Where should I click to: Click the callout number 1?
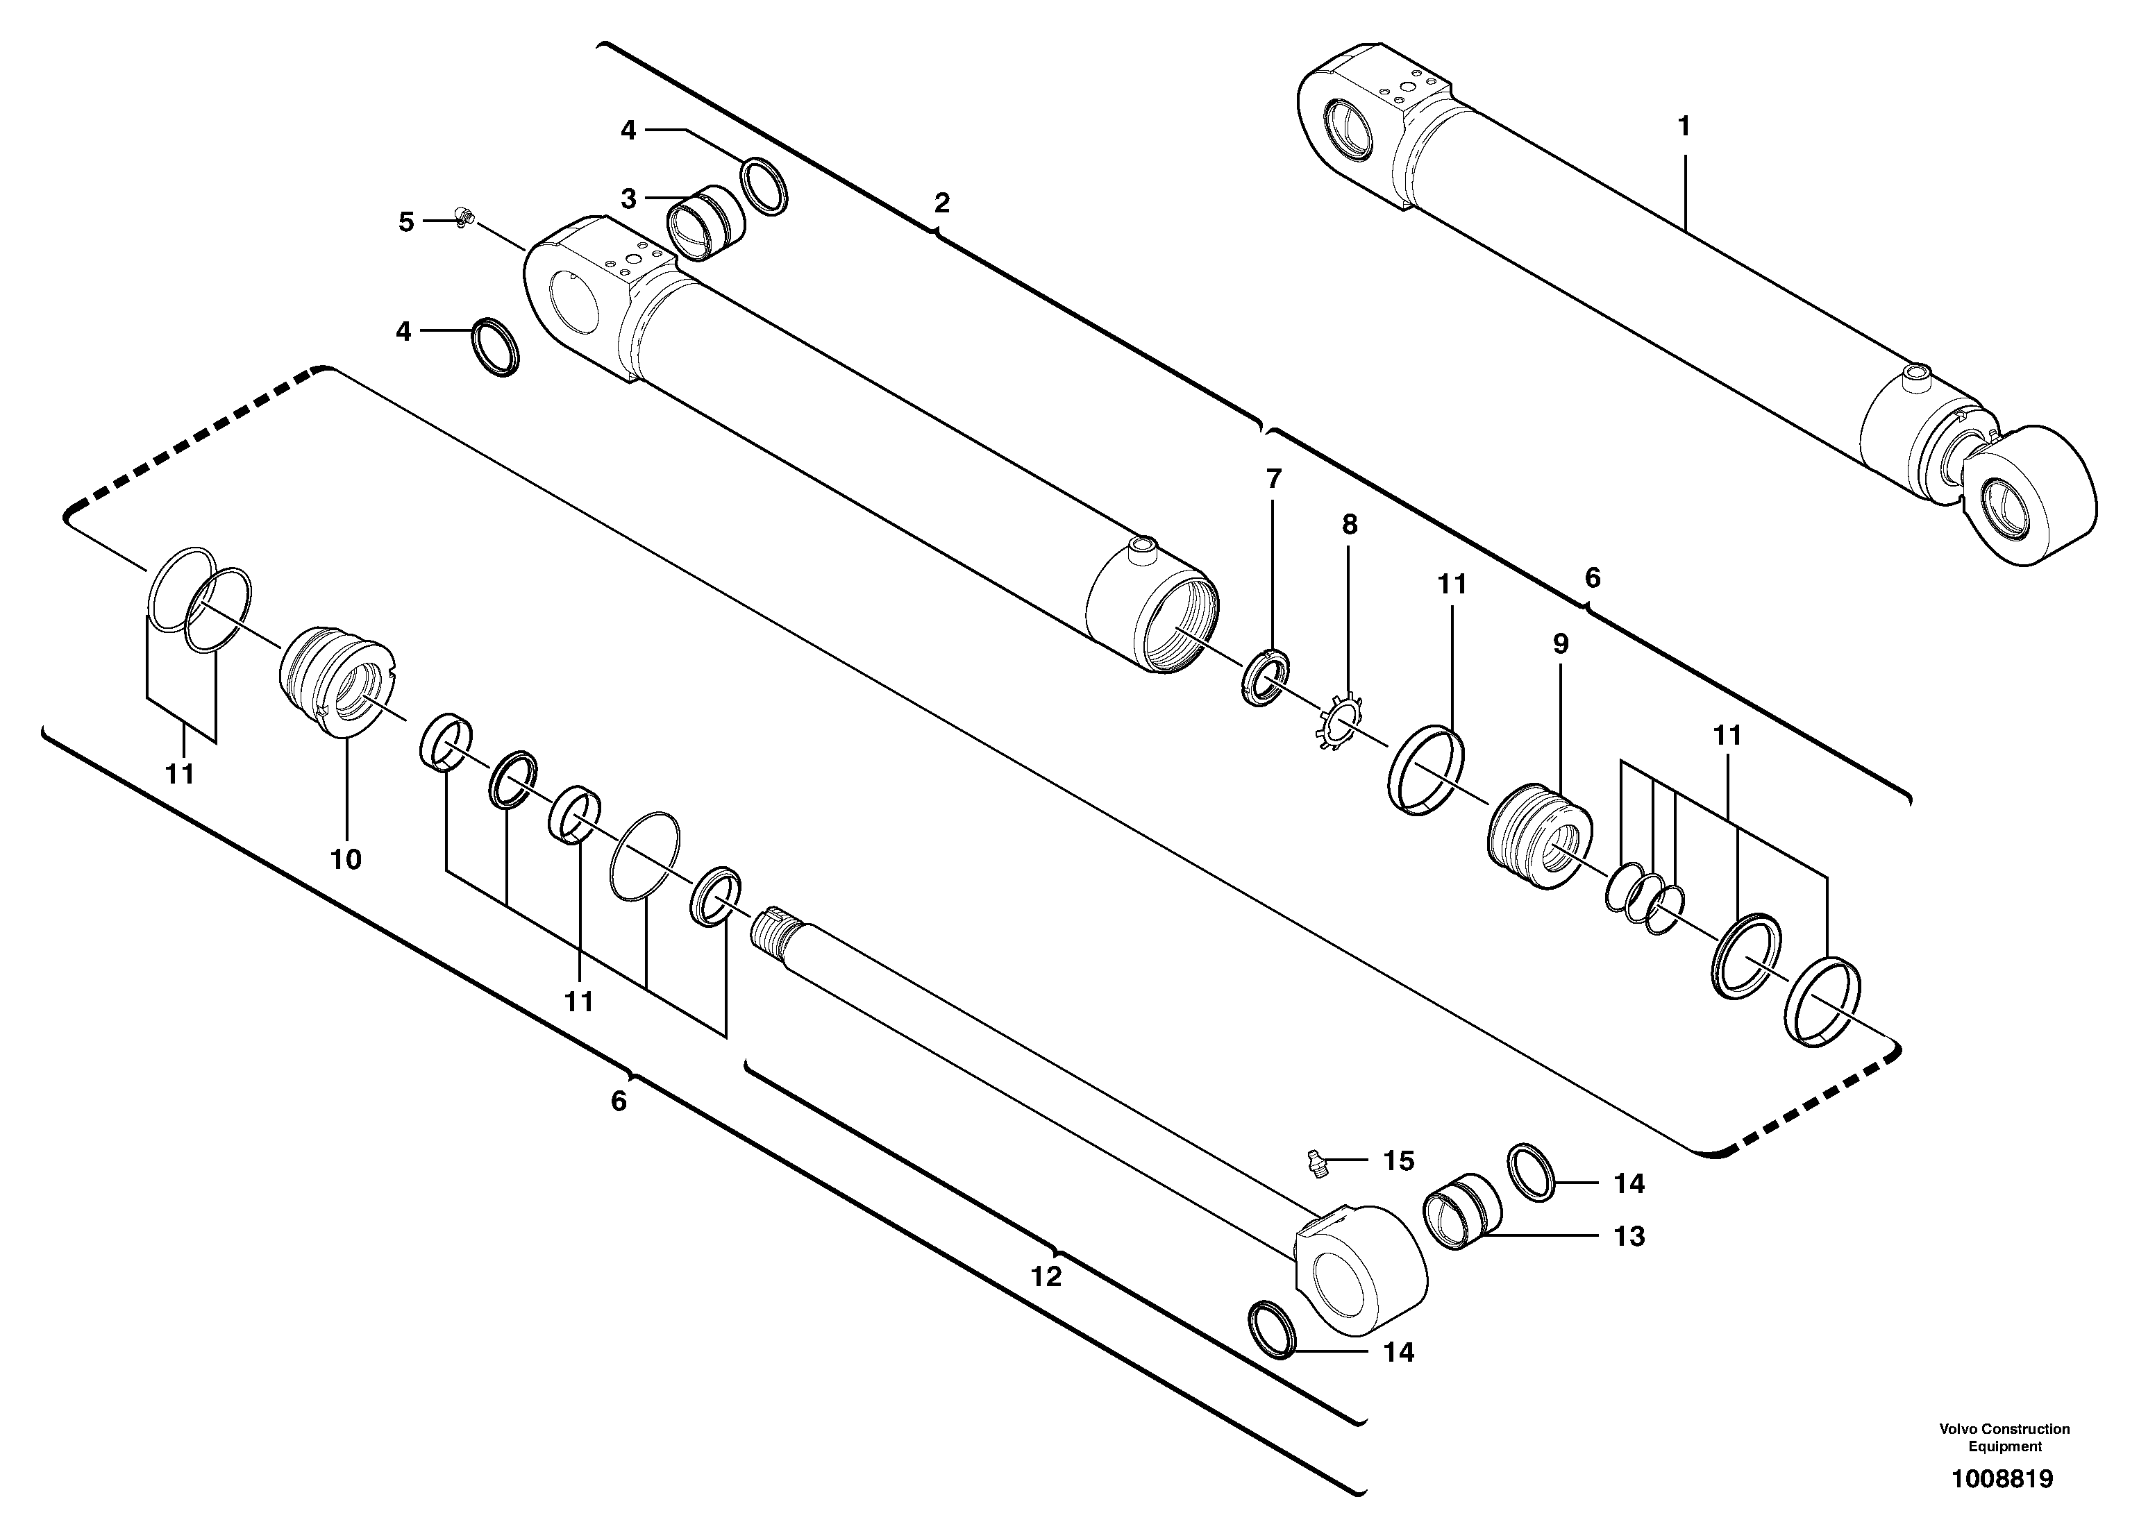[1684, 126]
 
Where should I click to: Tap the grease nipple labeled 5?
[462, 218]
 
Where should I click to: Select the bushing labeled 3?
[705, 224]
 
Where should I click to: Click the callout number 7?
[1273, 479]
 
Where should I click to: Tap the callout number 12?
[1046, 1277]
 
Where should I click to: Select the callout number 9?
[1560, 645]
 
